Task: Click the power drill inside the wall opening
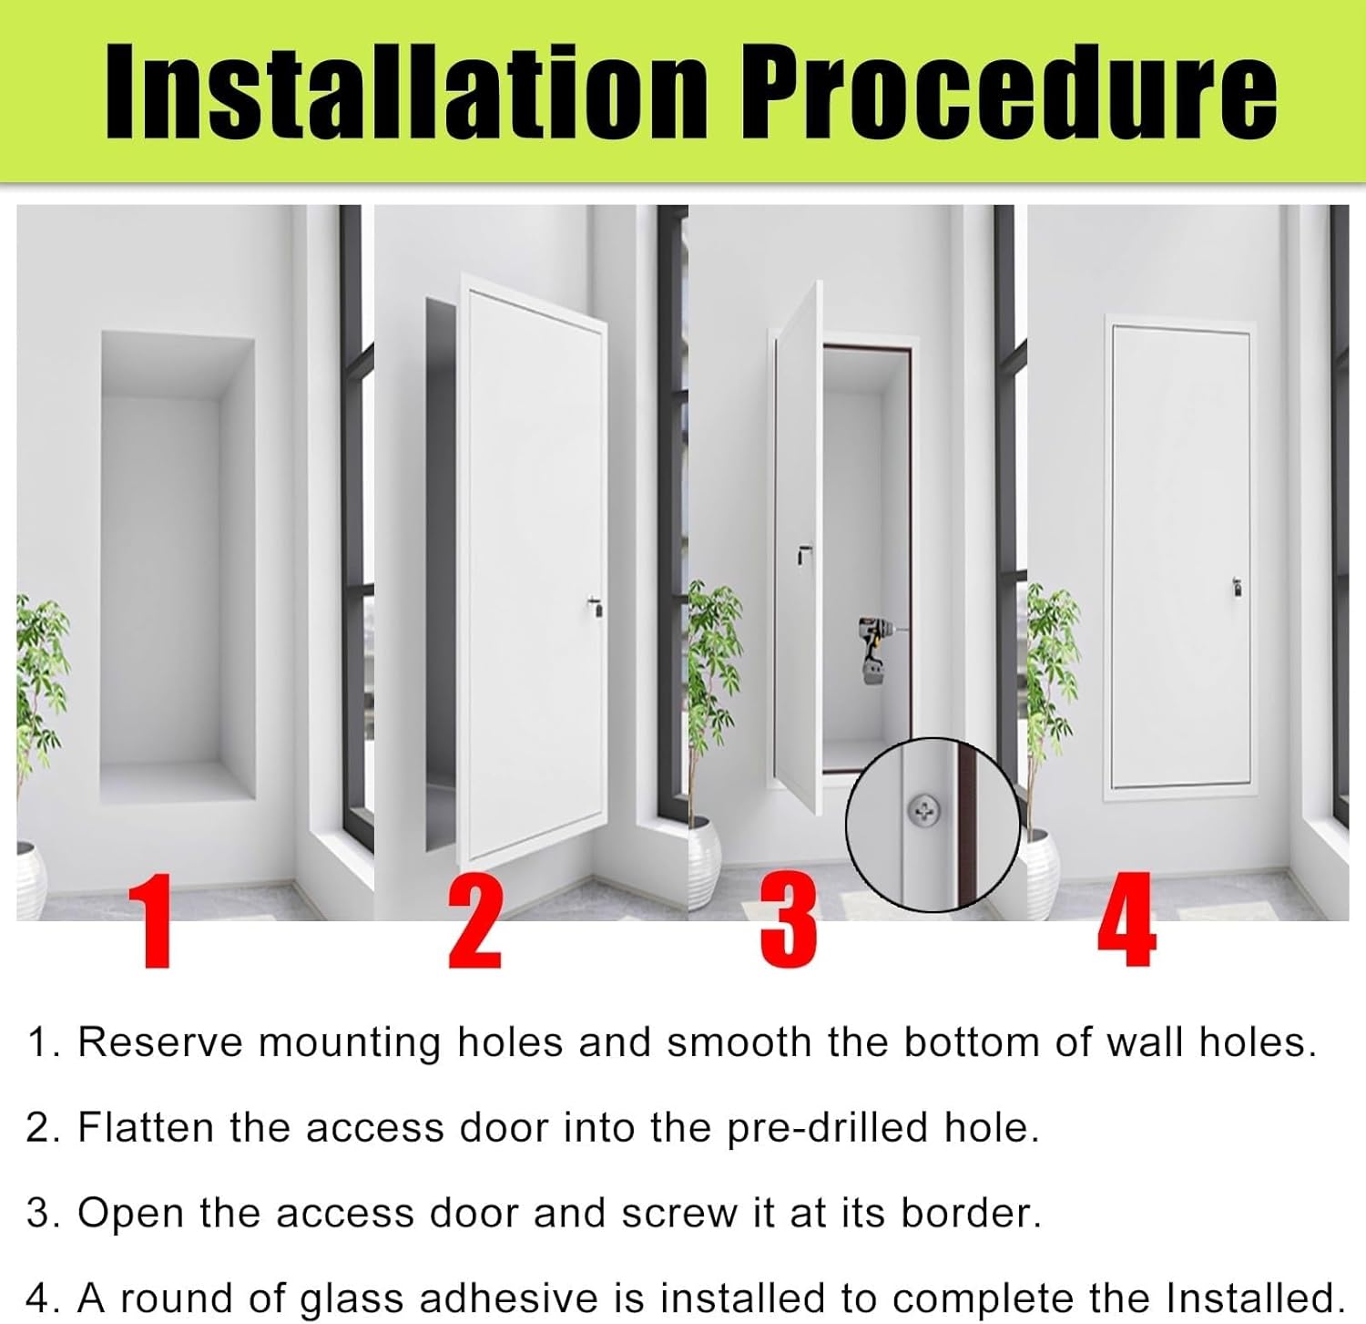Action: tap(874, 649)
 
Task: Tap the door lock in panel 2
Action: tap(594, 608)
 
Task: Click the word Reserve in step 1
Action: tap(160, 1042)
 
